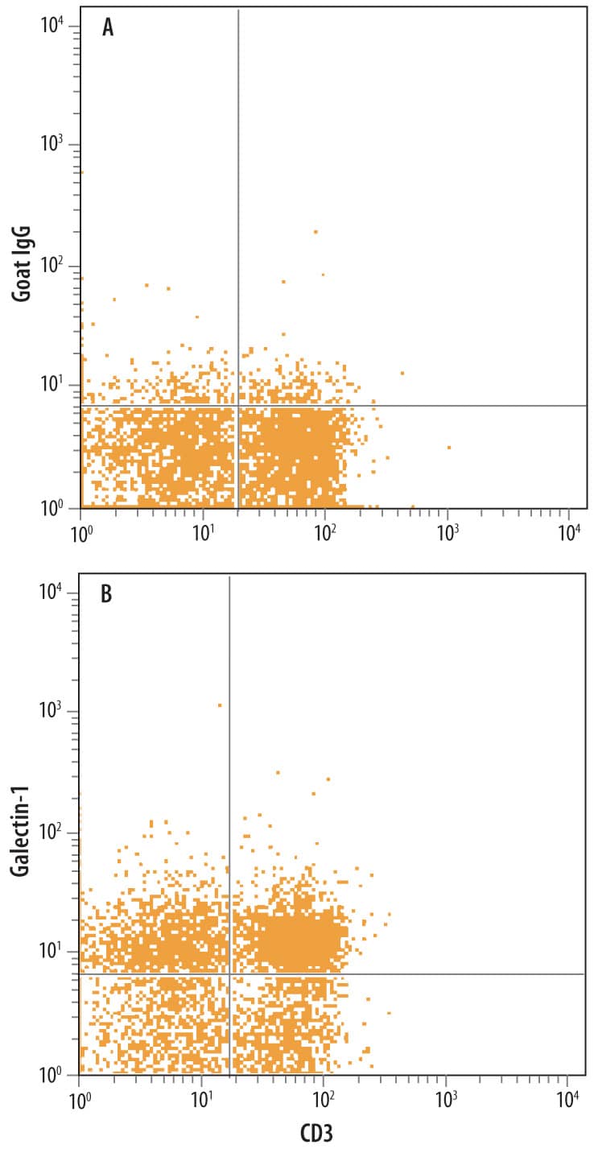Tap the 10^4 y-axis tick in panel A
(x=50, y=27)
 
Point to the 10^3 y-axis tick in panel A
(x=50, y=145)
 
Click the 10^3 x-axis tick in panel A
(x=448, y=532)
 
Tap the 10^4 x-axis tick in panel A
(x=570, y=532)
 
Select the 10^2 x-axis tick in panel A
(x=324, y=532)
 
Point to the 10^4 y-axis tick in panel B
(x=50, y=593)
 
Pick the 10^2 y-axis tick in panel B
(x=50, y=833)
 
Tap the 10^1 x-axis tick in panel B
(x=201, y=1098)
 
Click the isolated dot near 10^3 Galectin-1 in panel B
(x=220, y=705)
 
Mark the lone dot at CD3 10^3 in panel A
(x=448, y=447)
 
